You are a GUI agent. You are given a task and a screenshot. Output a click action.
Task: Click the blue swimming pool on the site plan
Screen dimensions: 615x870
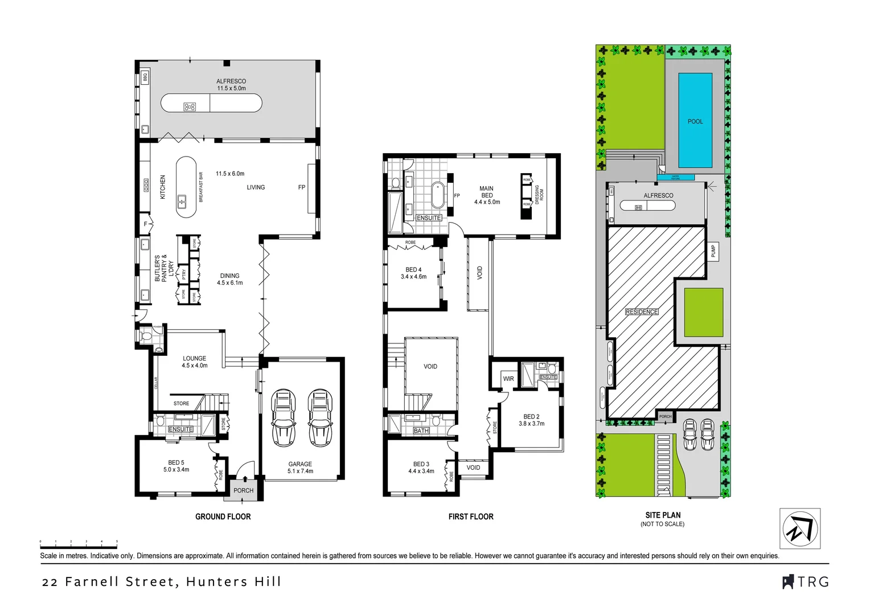pos(695,120)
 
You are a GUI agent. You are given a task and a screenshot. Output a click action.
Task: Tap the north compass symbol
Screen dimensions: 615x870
pos(799,528)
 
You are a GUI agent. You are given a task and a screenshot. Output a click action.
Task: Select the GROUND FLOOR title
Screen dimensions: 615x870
pos(223,516)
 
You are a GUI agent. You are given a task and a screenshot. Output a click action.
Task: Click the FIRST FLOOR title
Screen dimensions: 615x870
pos(470,516)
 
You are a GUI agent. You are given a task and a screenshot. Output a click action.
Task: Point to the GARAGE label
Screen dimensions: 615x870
pos(300,464)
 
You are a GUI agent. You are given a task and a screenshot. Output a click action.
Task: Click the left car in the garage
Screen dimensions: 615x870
pos(283,418)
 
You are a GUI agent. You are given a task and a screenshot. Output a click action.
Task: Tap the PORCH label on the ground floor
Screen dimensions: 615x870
pos(243,490)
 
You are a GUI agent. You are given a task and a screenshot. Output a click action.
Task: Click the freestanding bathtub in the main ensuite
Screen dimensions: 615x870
pos(438,195)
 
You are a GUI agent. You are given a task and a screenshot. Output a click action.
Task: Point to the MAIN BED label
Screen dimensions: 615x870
pos(486,192)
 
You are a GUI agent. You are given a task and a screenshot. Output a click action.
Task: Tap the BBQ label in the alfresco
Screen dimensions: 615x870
pos(145,77)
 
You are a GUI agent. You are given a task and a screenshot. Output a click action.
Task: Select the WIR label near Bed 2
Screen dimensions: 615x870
pos(508,379)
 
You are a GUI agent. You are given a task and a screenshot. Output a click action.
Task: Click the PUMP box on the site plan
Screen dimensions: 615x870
pos(713,251)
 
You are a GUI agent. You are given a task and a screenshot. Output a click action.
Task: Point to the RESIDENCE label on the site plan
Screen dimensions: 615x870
pos(642,311)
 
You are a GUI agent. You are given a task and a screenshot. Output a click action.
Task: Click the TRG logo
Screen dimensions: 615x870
pos(806,582)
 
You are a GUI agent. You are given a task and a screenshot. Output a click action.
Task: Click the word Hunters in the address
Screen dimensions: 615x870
pos(216,582)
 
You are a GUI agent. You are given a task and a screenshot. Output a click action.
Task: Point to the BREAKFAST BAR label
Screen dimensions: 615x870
pos(201,187)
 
